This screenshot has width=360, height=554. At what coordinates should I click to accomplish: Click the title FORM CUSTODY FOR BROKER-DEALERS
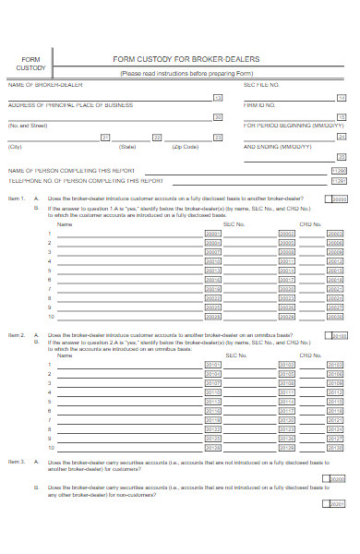pyautogui.click(x=186, y=59)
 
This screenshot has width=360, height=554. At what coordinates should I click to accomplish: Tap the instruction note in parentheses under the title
pyautogui.click(x=186, y=74)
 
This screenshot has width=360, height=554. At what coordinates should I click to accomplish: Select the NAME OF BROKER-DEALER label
pyautogui.click(x=45, y=85)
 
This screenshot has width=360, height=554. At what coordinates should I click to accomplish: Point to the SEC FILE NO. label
pyautogui.click(x=261, y=85)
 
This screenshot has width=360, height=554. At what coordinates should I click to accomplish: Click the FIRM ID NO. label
pyautogui.click(x=260, y=105)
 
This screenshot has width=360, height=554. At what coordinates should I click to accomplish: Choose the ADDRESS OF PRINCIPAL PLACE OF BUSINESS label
pyautogui.click(x=71, y=105)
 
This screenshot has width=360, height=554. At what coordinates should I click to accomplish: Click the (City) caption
pyautogui.click(x=15, y=147)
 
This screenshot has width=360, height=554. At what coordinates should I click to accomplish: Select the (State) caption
pyautogui.click(x=127, y=147)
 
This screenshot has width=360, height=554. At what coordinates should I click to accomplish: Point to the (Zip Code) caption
pyautogui.click(x=185, y=147)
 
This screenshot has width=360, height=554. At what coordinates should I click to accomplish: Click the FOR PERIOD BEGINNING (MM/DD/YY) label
pyautogui.click(x=286, y=125)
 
